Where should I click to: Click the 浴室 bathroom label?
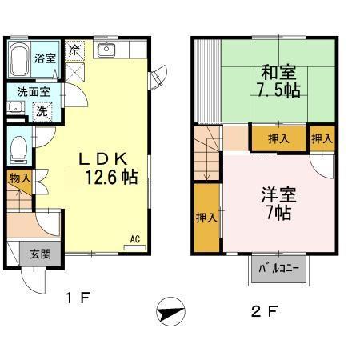tap(44, 58)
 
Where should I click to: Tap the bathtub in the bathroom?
tap(20, 58)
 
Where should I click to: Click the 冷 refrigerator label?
tap(74, 49)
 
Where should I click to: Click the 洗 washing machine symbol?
tap(40, 110)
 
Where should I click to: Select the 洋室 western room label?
tap(275, 194)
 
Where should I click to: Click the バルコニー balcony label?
tap(278, 269)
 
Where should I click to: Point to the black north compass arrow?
tap(170, 311)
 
